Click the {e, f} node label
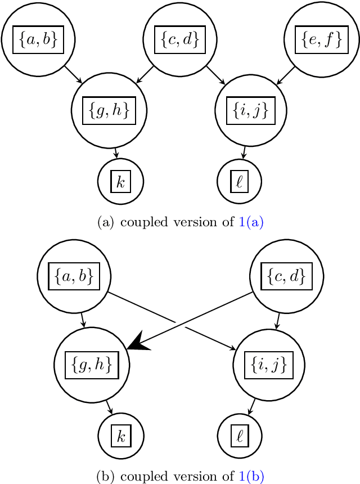click(321, 39)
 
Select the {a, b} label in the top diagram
click(38, 39)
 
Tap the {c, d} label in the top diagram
click(179, 39)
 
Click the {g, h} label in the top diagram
click(110, 110)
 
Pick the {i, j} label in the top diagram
click(251, 110)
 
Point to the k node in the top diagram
click(120, 182)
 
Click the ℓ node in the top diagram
click(239, 182)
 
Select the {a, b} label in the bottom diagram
click(74, 276)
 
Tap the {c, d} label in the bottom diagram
click(286, 276)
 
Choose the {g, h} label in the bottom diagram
click(92, 365)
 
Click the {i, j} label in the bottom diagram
click(268, 365)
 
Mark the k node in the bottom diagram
click(120, 436)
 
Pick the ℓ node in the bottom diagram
click(239, 436)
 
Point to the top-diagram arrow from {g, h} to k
click(116, 153)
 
